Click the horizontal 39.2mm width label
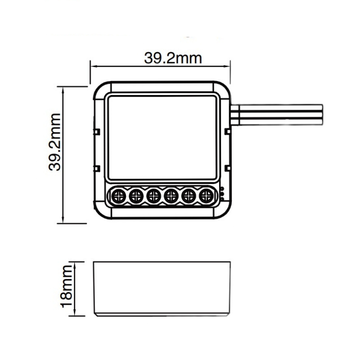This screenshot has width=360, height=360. click(173, 58)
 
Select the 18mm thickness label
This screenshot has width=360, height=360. click(67, 288)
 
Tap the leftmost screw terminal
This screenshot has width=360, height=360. click(119, 196)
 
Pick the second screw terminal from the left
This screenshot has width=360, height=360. click(136, 196)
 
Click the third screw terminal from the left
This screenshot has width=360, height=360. click(153, 196)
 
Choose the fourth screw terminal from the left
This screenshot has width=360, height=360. click(171, 196)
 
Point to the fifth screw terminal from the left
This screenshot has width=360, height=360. click(189, 196)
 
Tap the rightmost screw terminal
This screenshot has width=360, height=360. click(206, 196)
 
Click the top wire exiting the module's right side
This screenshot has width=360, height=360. click(279, 108)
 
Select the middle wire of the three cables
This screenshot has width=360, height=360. click(279, 114)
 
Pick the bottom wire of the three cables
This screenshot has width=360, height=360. click(279, 121)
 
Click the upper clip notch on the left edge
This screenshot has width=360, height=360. click(96, 131)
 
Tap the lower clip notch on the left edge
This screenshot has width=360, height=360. click(96, 168)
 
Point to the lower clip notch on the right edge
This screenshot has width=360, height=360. click(228, 168)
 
